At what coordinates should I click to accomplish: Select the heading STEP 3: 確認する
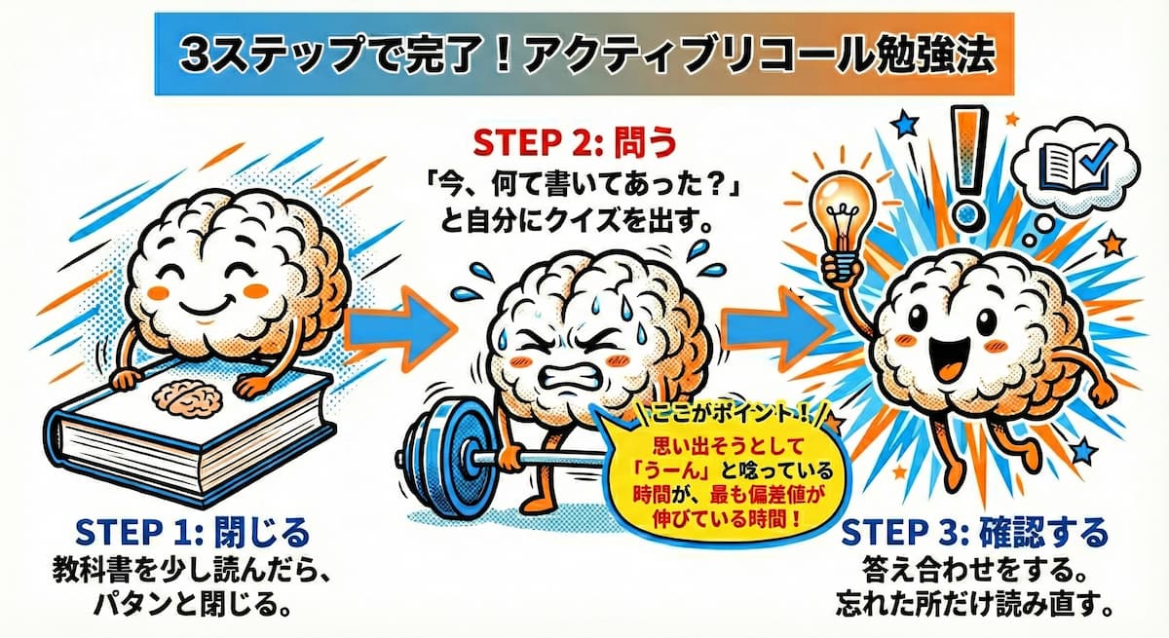(x=974, y=535)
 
